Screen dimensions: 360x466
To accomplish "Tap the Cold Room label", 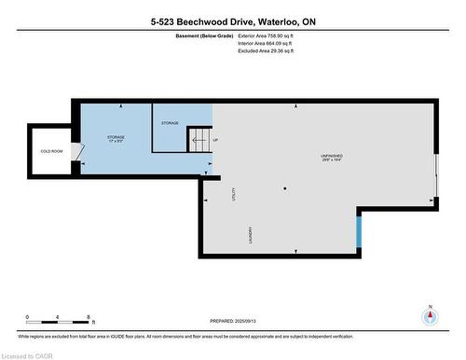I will click(x=49, y=150).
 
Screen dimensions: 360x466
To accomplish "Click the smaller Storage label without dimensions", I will click(x=170, y=123).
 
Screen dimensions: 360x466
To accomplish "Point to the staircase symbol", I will click(x=199, y=141).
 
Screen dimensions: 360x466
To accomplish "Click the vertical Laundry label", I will click(x=250, y=236).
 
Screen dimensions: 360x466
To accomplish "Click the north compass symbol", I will click(x=429, y=315).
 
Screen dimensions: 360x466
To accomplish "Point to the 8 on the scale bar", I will click(x=88, y=316).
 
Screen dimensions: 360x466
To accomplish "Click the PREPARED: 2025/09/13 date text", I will click(x=224, y=322).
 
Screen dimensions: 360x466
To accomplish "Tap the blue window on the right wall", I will click(x=358, y=229).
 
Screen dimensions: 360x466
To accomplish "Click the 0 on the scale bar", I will click(x=27, y=316).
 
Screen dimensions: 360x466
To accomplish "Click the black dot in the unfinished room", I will click(x=286, y=189).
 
